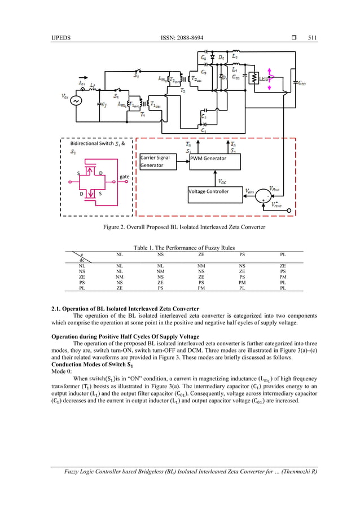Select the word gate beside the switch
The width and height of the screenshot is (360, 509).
tap(125, 177)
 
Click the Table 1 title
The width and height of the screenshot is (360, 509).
tap(180, 248)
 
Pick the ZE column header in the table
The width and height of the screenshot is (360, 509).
tap(201, 254)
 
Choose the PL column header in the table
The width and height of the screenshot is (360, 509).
tap(283, 254)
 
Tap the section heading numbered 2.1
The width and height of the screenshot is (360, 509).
tap(125, 309)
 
